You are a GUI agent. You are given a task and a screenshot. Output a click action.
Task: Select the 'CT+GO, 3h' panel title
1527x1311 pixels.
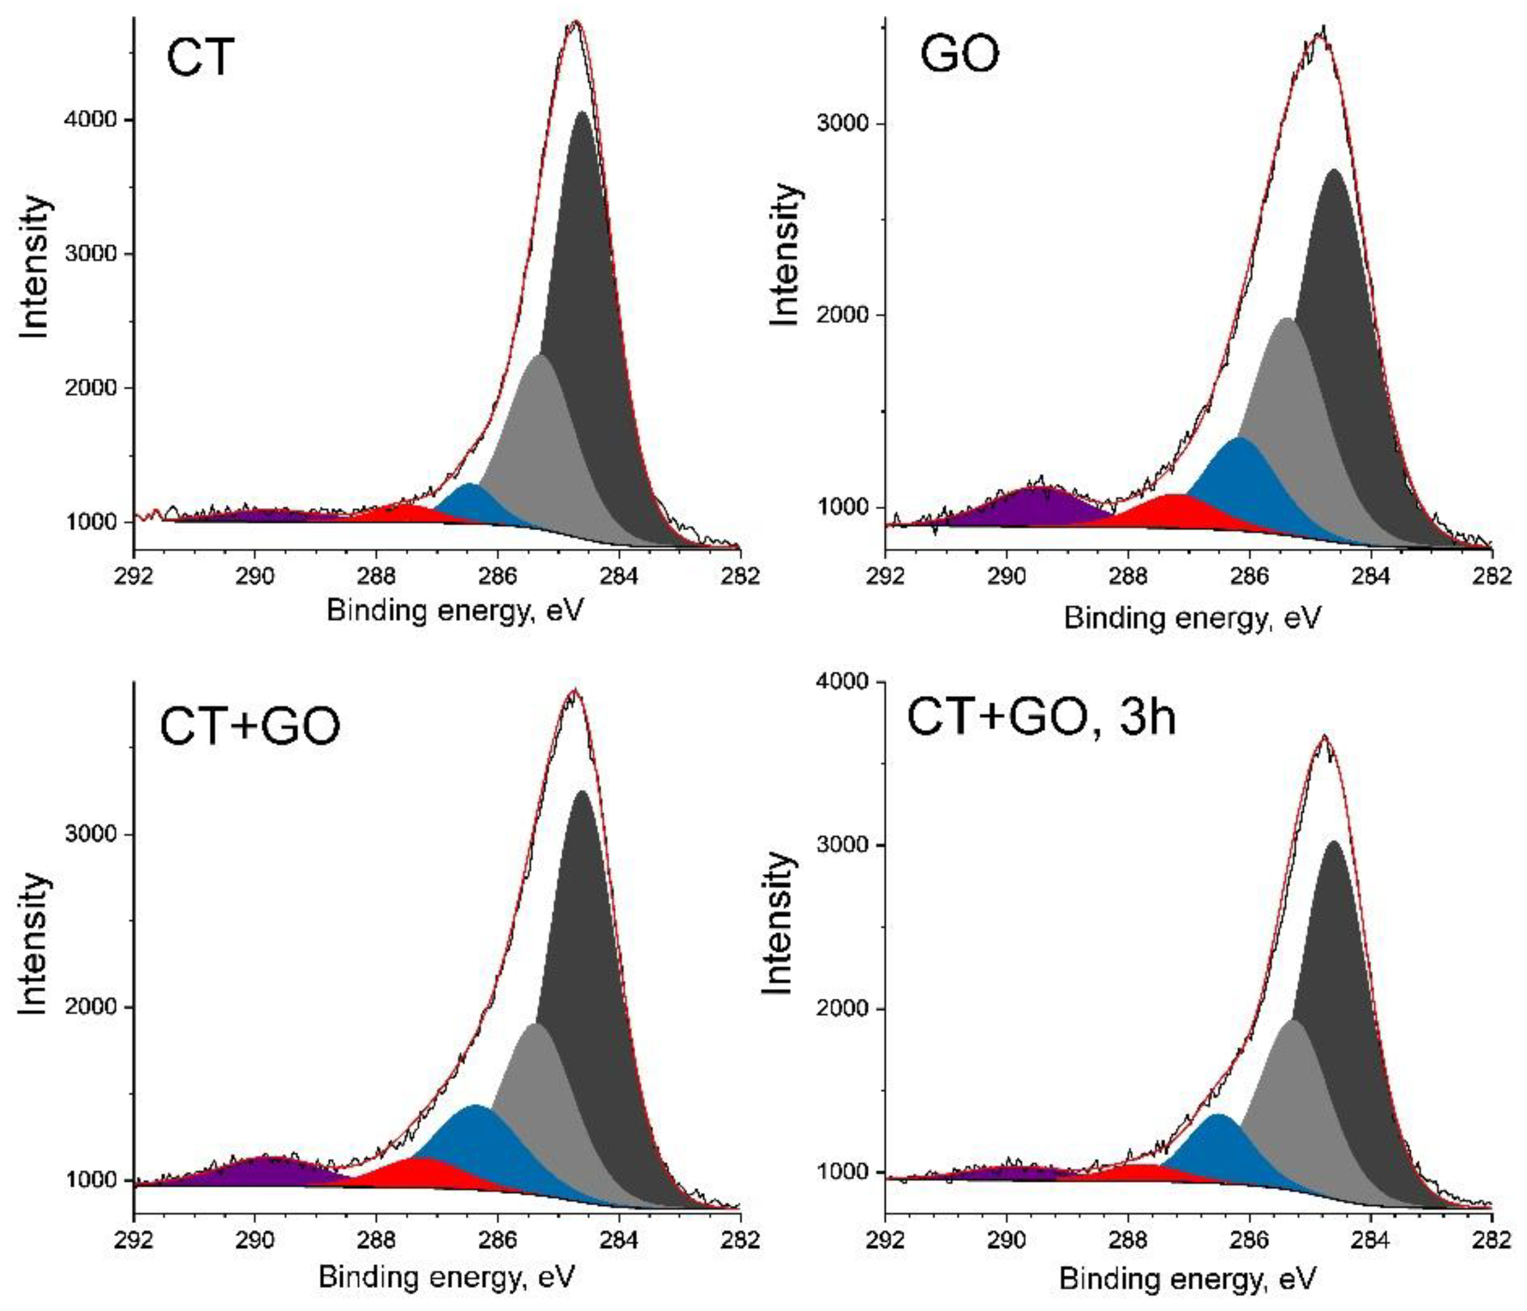click(1040, 715)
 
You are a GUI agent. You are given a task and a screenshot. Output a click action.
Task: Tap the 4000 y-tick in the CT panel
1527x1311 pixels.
click(91, 120)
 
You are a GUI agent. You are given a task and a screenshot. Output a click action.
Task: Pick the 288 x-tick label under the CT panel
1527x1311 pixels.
click(376, 575)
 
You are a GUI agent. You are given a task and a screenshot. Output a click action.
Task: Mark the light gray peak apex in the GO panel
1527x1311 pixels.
click(1286, 320)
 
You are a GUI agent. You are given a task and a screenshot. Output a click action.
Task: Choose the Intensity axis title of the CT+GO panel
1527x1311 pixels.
click(34, 943)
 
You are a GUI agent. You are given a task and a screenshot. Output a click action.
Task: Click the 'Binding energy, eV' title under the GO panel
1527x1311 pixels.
click(1191, 617)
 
